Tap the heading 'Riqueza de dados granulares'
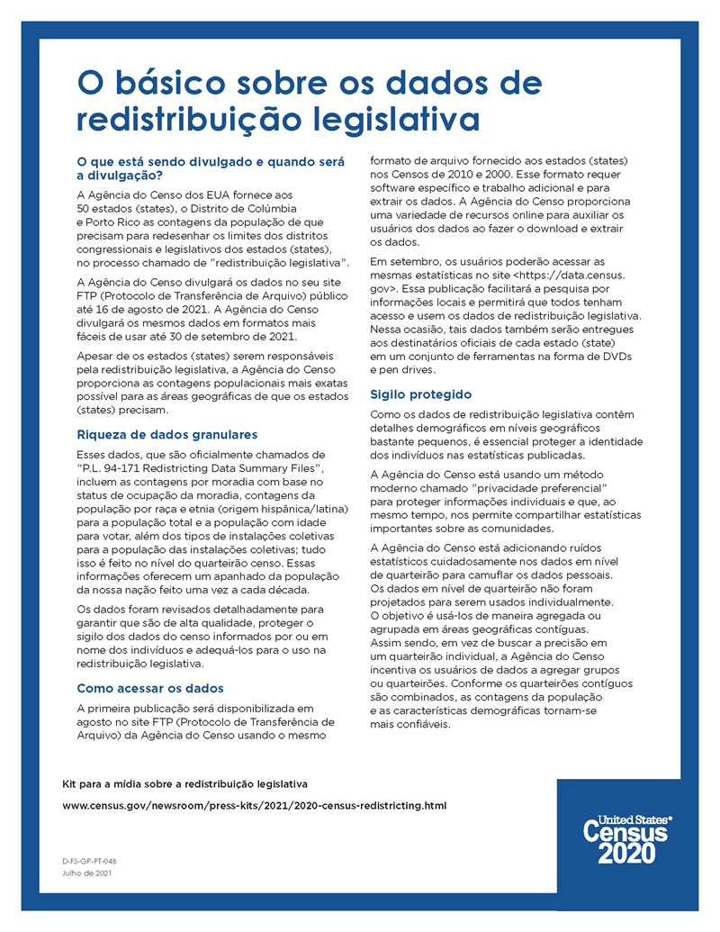point(167,434)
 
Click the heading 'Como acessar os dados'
point(149,688)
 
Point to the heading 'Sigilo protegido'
point(420,394)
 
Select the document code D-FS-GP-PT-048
point(90,861)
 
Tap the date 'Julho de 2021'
point(87,873)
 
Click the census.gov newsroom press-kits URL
point(254,805)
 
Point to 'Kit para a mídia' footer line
point(184,783)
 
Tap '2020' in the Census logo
point(626,854)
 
